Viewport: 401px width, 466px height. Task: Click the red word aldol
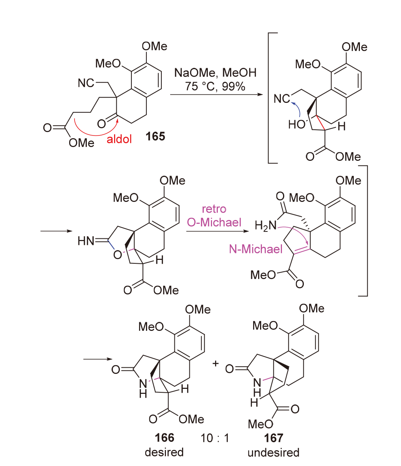click(x=119, y=139)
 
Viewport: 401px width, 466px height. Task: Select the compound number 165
click(x=155, y=136)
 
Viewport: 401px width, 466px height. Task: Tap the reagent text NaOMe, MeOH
click(x=215, y=73)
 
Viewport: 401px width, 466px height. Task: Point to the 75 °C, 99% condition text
click(x=215, y=87)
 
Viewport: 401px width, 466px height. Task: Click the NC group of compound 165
click(x=86, y=83)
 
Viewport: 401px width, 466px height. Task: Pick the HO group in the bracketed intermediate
click(x=297, y=124)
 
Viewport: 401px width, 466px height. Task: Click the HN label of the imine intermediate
click(x=86, y=241)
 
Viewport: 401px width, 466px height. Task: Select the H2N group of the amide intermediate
click(x=265, y=226)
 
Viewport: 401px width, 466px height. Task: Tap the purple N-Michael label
click(x=256, y=250)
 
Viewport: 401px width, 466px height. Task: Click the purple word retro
click(x=214, y=209)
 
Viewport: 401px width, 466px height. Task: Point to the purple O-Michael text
click(x=214, y=223)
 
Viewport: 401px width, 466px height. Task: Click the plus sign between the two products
click(x=215, y=363)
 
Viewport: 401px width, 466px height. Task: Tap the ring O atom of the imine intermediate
click(x=118, y=255)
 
